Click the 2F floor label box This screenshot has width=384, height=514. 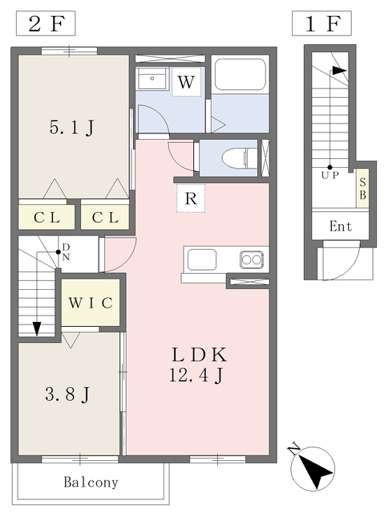coord(46,23)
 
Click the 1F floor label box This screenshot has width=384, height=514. coord(321,23)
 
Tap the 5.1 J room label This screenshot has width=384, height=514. coord(72,127)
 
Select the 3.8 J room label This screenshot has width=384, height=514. coord(67,394)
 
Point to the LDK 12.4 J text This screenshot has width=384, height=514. coord(198,364)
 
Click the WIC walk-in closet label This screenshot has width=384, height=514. coord(91,303)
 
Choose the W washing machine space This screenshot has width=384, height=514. coord(187,82)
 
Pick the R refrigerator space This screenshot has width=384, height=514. coord(191,198)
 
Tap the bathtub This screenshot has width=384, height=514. coord(241,75)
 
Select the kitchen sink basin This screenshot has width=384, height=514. coord(202,259)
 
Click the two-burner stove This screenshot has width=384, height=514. coord(252,260)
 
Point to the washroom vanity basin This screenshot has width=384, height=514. coord(152,79)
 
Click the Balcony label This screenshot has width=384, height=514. coord(91,482)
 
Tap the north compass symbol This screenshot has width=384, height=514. coord(313,468)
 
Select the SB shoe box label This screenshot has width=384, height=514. coord(362,189)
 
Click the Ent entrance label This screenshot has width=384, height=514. coord(341,226)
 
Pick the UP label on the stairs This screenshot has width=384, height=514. coord(329,175)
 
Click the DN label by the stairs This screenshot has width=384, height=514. coord(66,251)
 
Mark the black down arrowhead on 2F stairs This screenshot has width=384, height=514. coord(37,328)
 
